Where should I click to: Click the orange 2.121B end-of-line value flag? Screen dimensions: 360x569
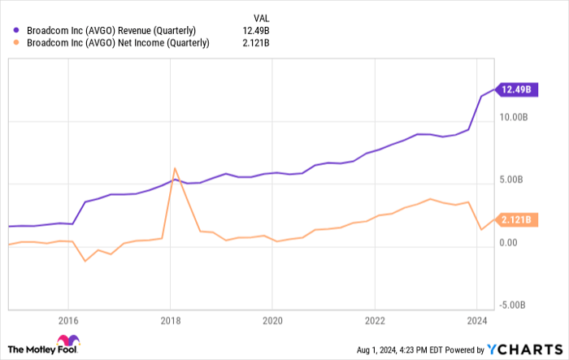point(514,219)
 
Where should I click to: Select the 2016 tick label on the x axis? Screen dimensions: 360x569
point(68,319)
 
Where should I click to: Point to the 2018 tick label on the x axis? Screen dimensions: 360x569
point(170,319)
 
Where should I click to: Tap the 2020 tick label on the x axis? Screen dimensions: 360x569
point(271,319)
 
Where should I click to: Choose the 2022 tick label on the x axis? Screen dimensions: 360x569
point(373,319)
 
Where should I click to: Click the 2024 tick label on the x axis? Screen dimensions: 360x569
point(475,319)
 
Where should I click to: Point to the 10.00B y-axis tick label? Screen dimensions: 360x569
point(516,118)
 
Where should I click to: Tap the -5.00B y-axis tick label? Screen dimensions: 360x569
point(515,304)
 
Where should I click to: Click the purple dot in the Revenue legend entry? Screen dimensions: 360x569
point(16,30)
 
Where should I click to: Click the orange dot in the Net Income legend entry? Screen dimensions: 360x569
point(16,43)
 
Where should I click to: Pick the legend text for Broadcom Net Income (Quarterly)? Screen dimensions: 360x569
point(117,43)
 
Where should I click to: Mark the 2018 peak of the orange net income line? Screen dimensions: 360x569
point(175,168)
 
